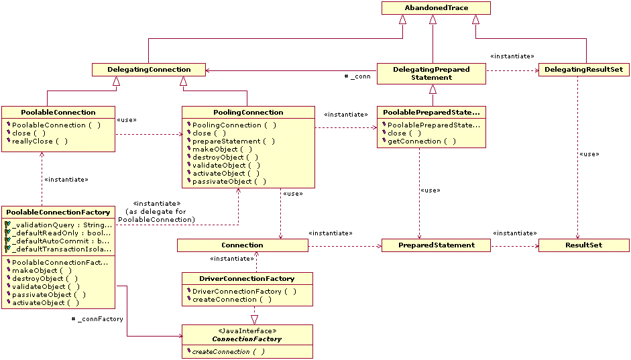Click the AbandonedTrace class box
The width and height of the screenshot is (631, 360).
(x=436, y=8)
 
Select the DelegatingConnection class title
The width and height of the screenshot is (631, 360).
(x=149, y=69)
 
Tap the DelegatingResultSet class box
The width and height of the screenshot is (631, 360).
(x=583, y=69)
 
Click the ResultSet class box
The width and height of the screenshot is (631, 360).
(x=583, y=245)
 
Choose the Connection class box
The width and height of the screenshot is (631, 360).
(x=242, y=245)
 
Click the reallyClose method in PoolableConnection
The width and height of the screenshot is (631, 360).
(x=40, y=141)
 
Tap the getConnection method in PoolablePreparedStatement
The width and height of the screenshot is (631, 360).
(x=422, y=141)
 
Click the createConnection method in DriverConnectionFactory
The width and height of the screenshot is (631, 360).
(x=232, y=300)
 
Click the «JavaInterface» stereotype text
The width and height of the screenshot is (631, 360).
(x=247, y=331)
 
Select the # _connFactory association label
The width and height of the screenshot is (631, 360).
(x=97, y=319)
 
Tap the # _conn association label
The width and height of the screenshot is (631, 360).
(x=357, y=76)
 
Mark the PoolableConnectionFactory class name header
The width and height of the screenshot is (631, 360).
(x=58, y=213)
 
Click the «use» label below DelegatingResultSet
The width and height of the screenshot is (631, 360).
(x=589, y=154)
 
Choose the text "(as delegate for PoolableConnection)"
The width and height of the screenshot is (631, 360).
(x=156, y=215)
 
